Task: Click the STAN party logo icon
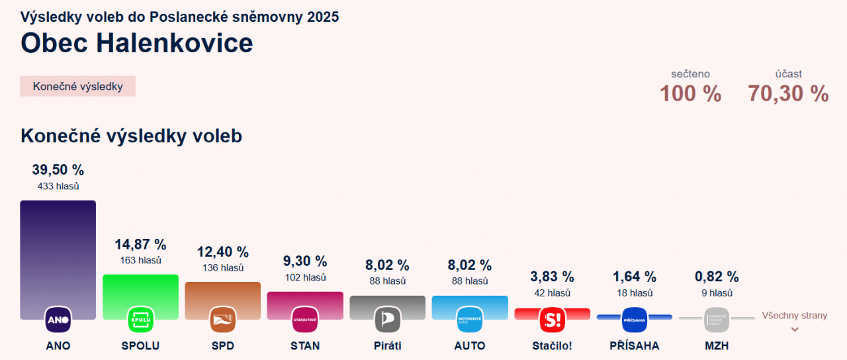coord(305,320)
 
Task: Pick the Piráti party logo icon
coord(387,320)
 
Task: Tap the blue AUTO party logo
coord(470,320)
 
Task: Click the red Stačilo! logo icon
coord(552,320)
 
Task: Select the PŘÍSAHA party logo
coord(634,320)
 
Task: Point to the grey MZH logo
coord(717,320)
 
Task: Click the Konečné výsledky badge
coord(77,86)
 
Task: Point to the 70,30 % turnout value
coord(788,94)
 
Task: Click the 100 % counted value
coord(690,94)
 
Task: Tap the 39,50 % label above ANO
coord(58,170)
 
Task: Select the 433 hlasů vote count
coord(58,187)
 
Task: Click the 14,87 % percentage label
coord(140,244)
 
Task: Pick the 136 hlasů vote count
coord(223,268)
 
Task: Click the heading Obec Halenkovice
coord(136,43)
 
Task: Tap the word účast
coord(789,74)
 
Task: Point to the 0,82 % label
coord(717,277)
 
